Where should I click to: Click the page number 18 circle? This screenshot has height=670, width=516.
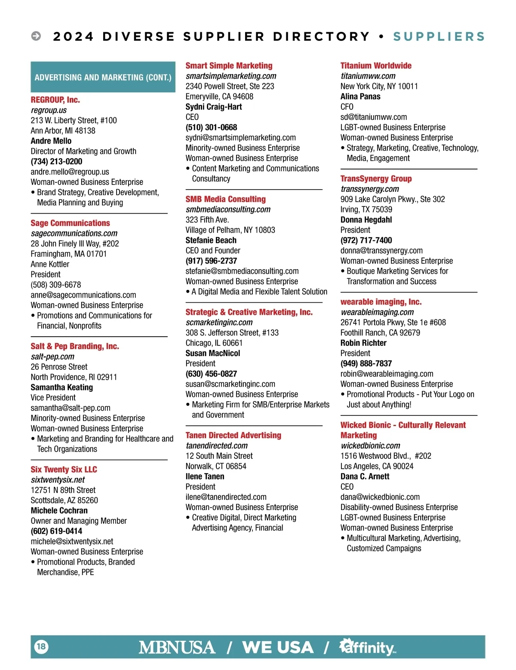(x=41, y=646)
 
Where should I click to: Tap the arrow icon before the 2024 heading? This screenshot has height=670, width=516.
(x=36, y=36)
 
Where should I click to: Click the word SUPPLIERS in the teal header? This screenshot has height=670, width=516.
(x=439, y=37)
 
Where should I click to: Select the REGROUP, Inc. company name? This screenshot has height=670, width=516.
(x=55, y=100)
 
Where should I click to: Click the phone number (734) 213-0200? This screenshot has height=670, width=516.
(x=56, y=162)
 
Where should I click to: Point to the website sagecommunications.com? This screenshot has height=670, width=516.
(x=74, y=234)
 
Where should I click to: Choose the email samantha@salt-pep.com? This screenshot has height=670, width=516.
(x=71, y=408)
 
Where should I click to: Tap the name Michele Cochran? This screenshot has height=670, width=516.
(x=59, y=511)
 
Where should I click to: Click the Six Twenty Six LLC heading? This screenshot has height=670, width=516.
(x=64, y=470)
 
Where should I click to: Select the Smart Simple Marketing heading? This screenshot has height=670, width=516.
(x=229, y=66)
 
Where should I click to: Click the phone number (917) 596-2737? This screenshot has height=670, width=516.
(x=211, y=261)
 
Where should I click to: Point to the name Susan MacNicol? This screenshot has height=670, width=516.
(x=213, y=353)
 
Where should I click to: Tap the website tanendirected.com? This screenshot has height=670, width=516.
(x=217, y=446)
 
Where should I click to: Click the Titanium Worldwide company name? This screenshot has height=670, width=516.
(x=376, y=66)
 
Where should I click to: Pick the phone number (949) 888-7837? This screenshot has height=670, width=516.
(x=366, y=364)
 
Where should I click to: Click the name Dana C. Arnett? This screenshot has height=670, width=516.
(x=365, y=476)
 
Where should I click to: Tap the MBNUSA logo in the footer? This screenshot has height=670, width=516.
(x=177, y=647)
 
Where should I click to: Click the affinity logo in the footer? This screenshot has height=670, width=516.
(x=368, y=647)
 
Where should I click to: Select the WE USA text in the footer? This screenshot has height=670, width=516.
(x=278, y=647)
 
